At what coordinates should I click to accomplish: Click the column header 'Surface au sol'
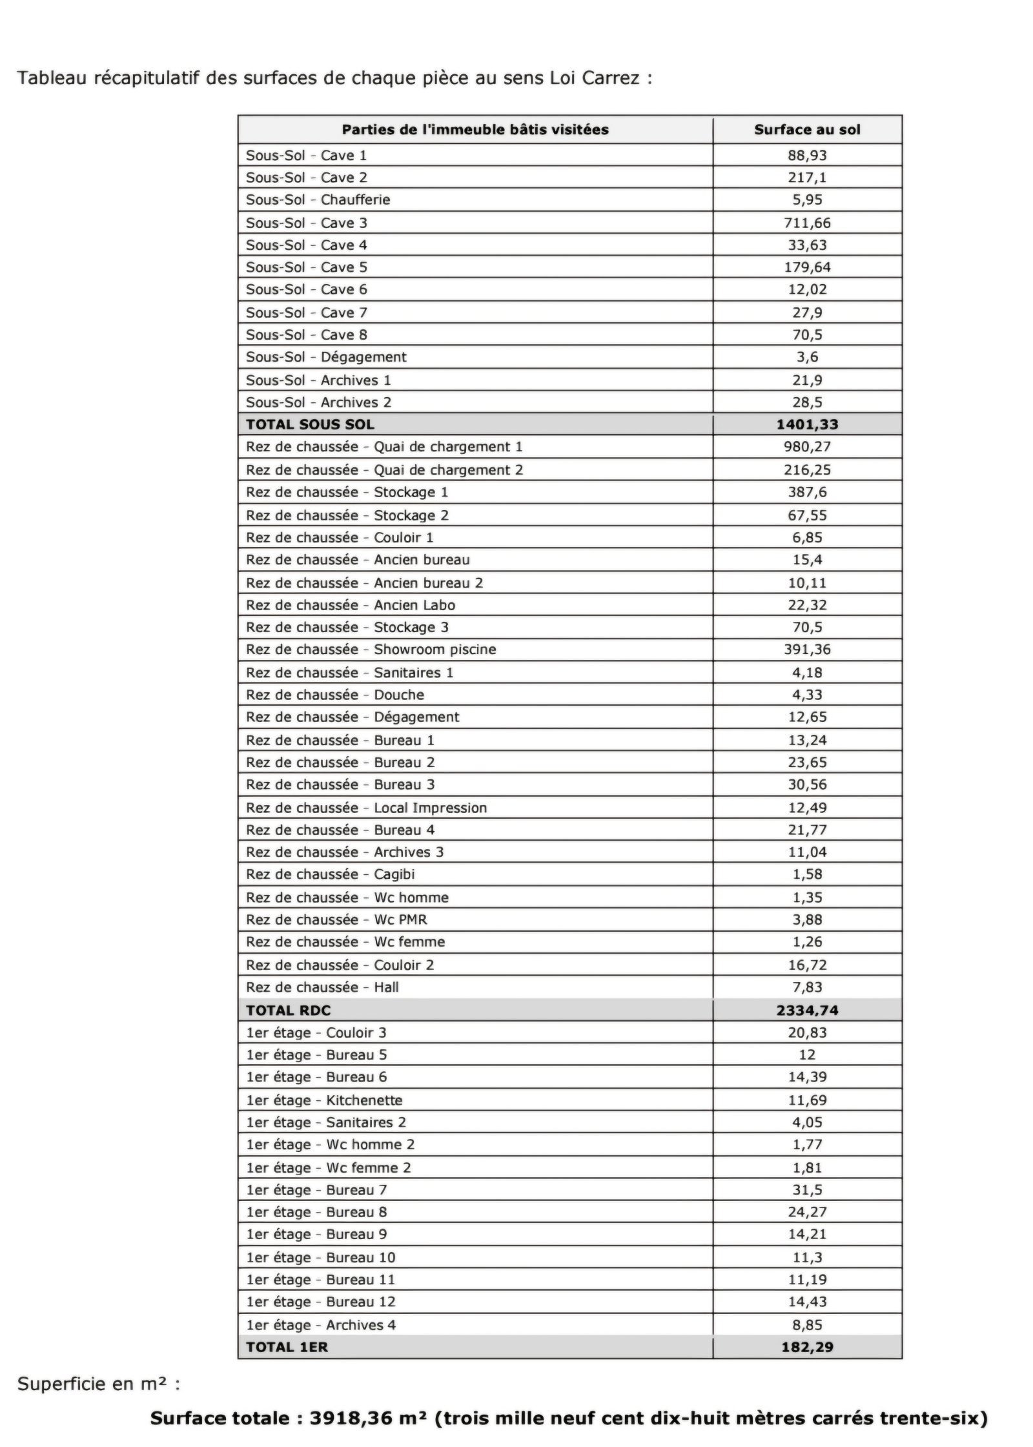(806, 130)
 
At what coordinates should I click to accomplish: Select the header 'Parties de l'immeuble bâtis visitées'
(475, 130)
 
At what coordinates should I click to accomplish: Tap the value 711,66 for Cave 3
(806, 223)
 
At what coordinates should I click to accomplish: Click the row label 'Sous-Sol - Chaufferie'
(318, 200)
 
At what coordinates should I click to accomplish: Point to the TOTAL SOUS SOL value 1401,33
(806, 424)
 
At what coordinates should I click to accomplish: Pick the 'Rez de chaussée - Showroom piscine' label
(371, 649)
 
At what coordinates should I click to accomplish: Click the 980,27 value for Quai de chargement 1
(806, 446)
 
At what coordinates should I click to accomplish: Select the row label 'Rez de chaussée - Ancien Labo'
(350, 605)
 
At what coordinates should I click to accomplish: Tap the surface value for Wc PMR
(806, 919)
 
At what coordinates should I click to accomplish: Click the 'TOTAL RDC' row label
(288, 1011)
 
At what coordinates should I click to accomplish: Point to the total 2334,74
(806, 1011)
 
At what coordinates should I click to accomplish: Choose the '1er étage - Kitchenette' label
(324, 1100)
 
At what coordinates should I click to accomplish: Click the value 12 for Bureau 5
(806, 1055)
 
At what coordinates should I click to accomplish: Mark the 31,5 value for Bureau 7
(806, 1190)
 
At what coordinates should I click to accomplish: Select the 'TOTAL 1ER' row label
(287, 1348)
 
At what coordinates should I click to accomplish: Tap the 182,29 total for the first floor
(806, 1348)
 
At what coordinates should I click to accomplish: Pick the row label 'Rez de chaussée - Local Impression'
(366, 808)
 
